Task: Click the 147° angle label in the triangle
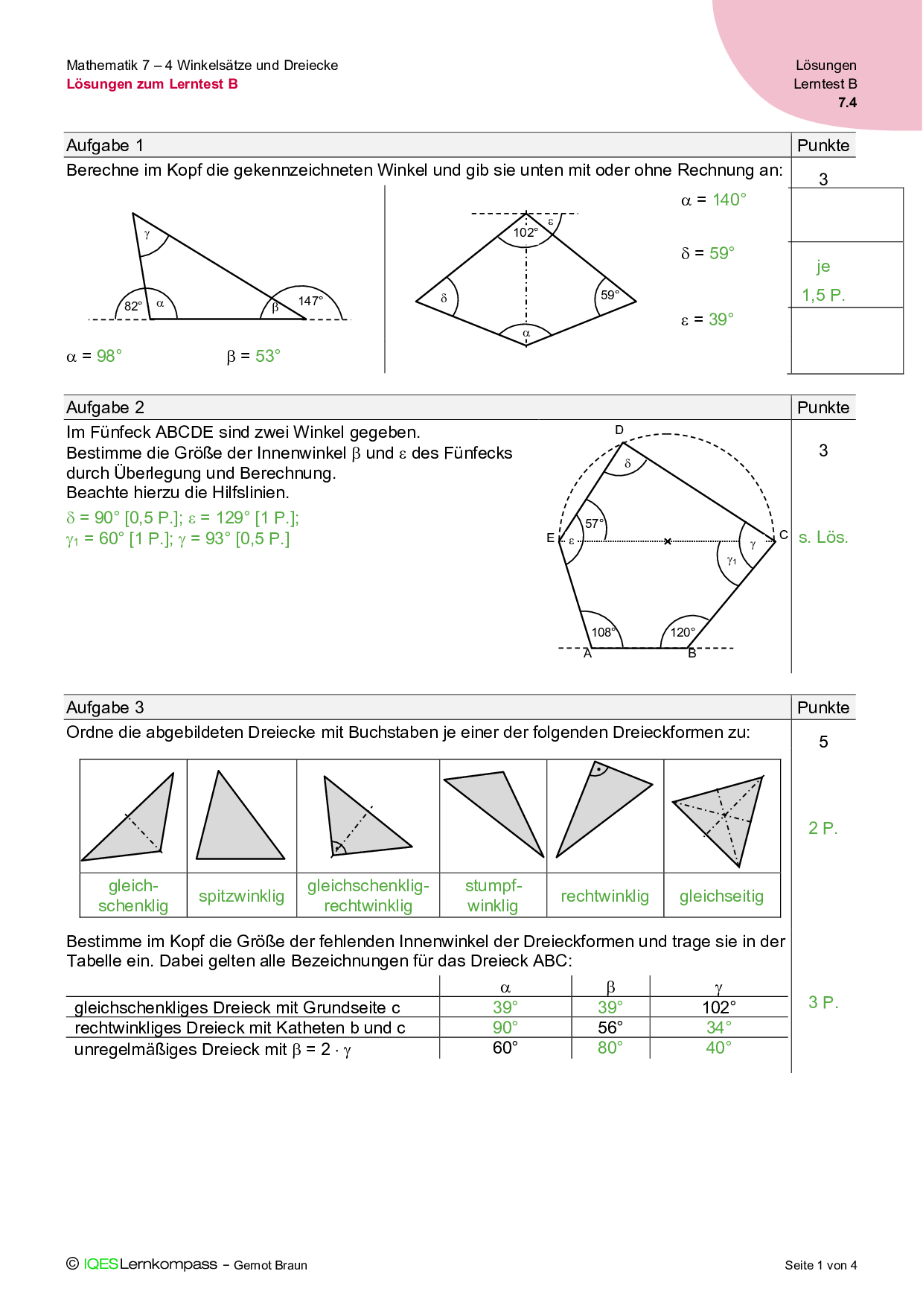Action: (310, 301)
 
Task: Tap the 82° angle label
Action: (133, 306)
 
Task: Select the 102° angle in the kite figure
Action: (525, 232)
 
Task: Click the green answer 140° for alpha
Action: (729, 200)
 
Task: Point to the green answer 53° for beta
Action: (268, 356)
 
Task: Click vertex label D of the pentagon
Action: (619, 430)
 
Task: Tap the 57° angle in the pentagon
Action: (595, 523)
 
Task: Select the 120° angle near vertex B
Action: (683, 632)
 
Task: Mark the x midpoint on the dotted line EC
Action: (668, 541)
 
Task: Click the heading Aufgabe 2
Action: (105, 407)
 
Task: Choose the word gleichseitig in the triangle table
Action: (721, 896)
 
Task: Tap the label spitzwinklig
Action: (241, 896)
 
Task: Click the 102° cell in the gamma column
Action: (719, 1007)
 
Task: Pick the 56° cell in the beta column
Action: (610, 1028)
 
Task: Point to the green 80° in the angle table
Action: (610, 1048)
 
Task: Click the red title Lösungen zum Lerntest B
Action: (152, 84)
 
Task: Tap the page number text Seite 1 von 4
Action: (820, 1265)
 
